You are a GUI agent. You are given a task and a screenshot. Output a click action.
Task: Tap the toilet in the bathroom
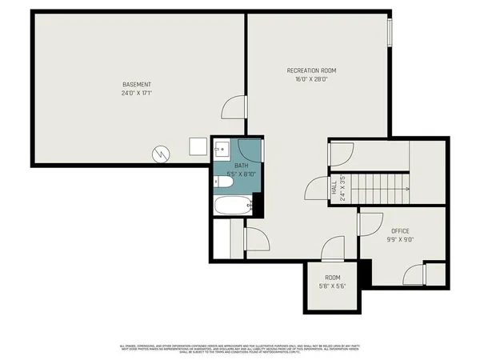[224, 182]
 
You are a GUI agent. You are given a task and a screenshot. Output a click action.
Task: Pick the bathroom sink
[222, 150]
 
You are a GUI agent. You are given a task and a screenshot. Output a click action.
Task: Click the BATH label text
[241, 165]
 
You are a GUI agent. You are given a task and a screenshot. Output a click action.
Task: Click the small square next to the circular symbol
[197, 146]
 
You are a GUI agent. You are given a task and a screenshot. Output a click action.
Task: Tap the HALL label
[334, 187]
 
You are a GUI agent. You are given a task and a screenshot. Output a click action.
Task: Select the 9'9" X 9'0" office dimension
[401, 238]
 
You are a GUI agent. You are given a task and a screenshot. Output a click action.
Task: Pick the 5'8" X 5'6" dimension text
[332, 286]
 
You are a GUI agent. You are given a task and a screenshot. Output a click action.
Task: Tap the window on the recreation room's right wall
[390, 31]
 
